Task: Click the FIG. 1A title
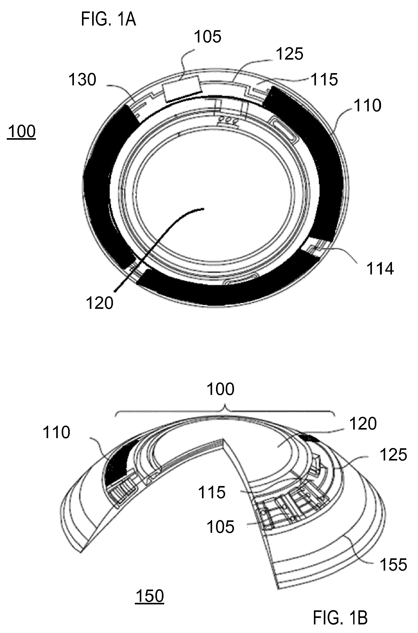tap(109, 20)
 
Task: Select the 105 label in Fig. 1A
tap(208, 36)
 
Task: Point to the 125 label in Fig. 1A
tap(289, 54)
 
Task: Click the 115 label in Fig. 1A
tap(324, 79)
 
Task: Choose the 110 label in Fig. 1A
tap(368, 106)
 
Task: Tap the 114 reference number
tap(380, 268)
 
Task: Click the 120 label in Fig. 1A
tap(99, 303)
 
